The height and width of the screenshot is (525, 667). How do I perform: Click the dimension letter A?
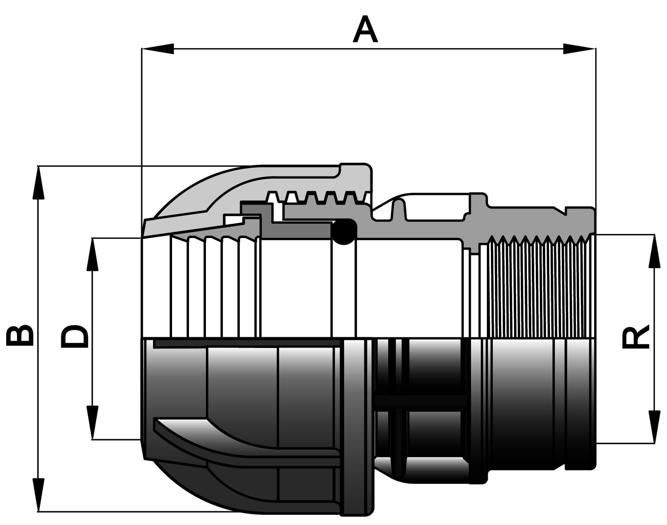[365, 29]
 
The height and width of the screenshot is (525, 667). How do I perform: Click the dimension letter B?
[20, 335]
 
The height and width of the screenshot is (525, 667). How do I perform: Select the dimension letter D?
[74, 336]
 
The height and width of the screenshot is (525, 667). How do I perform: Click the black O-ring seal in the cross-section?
[344, 232]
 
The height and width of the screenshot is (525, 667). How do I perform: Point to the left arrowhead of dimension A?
[157, 48]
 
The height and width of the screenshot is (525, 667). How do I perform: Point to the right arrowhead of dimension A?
[579, 48]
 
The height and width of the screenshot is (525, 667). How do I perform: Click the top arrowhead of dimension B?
[38, 183]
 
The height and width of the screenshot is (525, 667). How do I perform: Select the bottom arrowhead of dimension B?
[38, 495]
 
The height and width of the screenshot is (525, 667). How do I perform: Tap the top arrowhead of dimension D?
[92, 254]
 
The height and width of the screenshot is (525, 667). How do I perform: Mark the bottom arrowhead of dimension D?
[92, 423]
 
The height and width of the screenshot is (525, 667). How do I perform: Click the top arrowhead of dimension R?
[654, 250]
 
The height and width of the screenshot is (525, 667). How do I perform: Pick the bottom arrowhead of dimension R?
[654, 427]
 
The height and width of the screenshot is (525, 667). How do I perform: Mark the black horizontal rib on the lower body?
[421, 400]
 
